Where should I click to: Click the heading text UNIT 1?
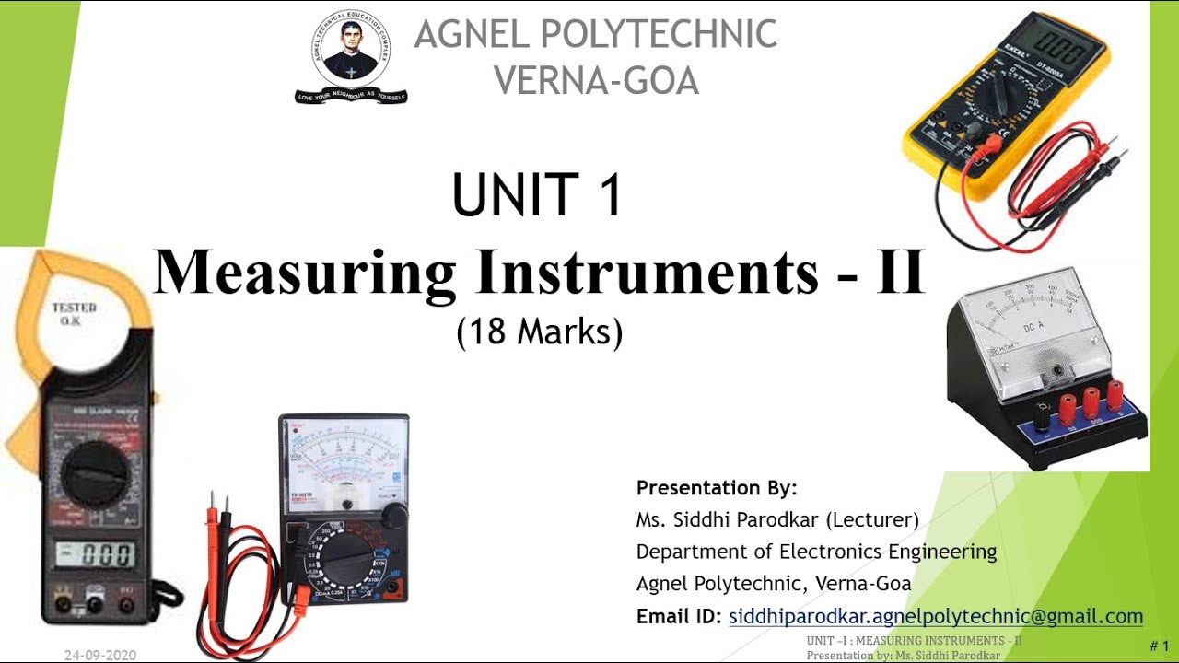pos(537,195)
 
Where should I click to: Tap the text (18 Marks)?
pos(539,331)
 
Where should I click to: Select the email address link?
pos(935,616)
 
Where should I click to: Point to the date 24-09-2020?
pos(100,655)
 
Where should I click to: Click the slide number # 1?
pos(1159,646)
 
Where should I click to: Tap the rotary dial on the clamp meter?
pos(96,473)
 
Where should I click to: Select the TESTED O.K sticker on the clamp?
pos(74,313)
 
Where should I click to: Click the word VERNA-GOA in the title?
pos(596,80)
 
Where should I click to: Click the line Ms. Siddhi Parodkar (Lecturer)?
pos(777,519)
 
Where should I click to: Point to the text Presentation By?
pos(717,487)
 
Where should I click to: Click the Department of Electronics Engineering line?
pos(816,552)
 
